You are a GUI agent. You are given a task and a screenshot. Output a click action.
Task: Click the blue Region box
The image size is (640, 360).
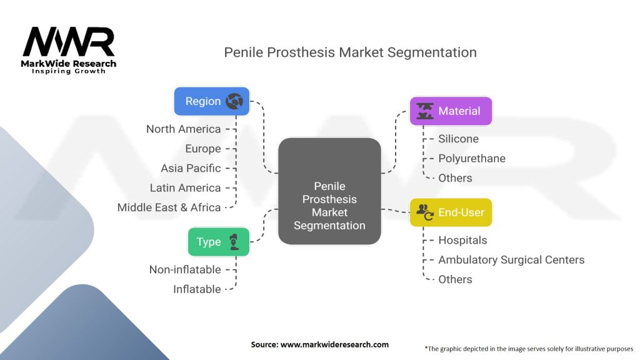pyautogui.click(x=211, y=101)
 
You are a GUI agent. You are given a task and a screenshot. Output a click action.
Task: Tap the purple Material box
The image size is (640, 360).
pyautogui.click(x=450, y=111)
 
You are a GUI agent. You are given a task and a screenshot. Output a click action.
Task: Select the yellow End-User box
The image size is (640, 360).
pyautogui.click(x=450, y=212)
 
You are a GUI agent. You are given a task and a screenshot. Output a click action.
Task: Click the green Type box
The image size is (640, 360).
pyautogui.click(x=218, y=242)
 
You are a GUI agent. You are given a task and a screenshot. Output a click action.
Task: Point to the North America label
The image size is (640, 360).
pyautogui.click(x=183, y=129)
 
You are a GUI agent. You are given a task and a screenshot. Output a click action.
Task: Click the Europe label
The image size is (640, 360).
pyautogui.click(x=202, y=149)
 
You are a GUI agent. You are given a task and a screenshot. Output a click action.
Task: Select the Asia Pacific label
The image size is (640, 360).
pyautogui.click(x=191, y=168)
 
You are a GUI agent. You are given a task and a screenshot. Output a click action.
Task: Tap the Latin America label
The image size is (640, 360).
pyautogui.click(x=185, y=187)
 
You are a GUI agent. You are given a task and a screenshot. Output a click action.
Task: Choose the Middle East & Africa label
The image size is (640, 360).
pyautogui.click(x=169, y=207)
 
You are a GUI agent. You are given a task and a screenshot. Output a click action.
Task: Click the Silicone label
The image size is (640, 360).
pyautogui.click(x=458, y=139)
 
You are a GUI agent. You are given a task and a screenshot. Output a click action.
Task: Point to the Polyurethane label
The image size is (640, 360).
pyautogui.click(x=471, y=159)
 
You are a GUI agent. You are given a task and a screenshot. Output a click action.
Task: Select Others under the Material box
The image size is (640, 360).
pyautogui.click(x=455, y=178)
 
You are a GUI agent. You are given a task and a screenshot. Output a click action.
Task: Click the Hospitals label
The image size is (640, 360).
pyautogui.click(x=462, y=240)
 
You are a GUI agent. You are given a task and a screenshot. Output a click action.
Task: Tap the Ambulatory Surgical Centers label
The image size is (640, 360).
pyautogui.click(x=511, y=259)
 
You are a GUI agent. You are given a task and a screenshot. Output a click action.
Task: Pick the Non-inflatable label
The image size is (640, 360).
pyautogui.click(x=184, y=269)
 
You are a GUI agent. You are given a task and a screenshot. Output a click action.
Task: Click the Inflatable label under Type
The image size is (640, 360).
pyautogui.click(x=197, y=289)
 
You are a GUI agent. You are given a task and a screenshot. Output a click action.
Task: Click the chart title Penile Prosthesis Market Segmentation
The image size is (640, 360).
pyautogui.click(x=350, y=52)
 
